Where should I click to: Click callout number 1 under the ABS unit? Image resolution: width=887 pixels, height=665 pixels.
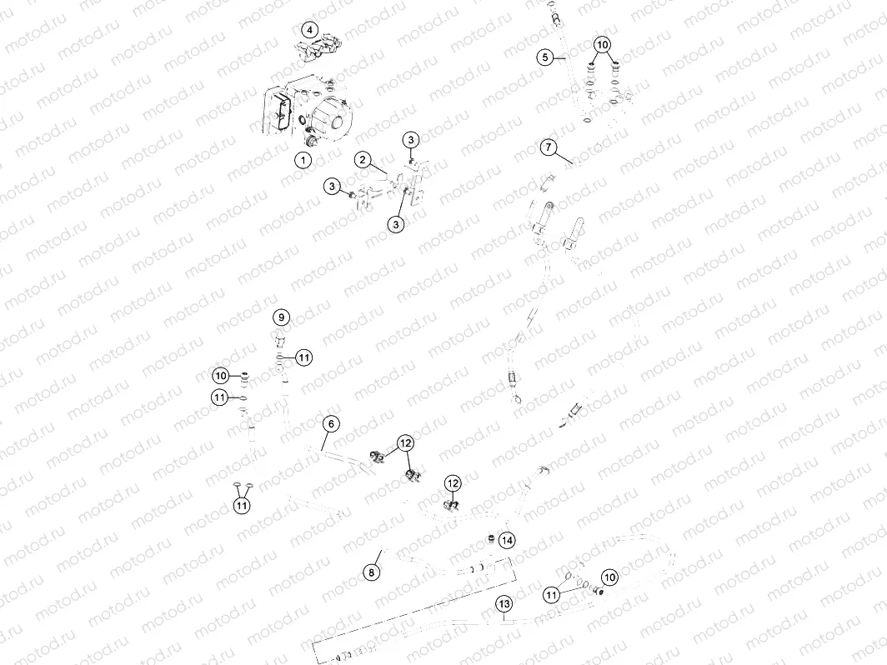tap(303, 158)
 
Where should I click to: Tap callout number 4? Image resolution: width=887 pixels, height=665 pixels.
tap(309, 30)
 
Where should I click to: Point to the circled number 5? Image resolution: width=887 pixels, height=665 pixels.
tap(544, 57)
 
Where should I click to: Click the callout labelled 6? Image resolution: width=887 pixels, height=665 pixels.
tap(331, 424)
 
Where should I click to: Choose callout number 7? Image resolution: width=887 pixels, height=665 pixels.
tap(548, 147)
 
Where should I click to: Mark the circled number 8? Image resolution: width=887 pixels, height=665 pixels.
tap(372, 572)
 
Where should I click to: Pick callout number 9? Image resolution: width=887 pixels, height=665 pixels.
tap(281, 317)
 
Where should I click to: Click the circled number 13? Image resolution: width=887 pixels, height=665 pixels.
tap(503, 602)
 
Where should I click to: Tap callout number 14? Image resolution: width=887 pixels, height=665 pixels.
tap(507, 541)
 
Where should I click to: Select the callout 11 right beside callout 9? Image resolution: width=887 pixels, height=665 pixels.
tap(304, 357)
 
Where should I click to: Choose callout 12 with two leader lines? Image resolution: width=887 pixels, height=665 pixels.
tap(404, 443)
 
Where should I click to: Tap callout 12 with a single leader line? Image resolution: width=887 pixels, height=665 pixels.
tap(452, 482)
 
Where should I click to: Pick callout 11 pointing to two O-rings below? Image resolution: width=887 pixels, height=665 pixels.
tap(242, 504)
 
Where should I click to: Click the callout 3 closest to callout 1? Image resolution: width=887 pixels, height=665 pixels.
tap(332, 186)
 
